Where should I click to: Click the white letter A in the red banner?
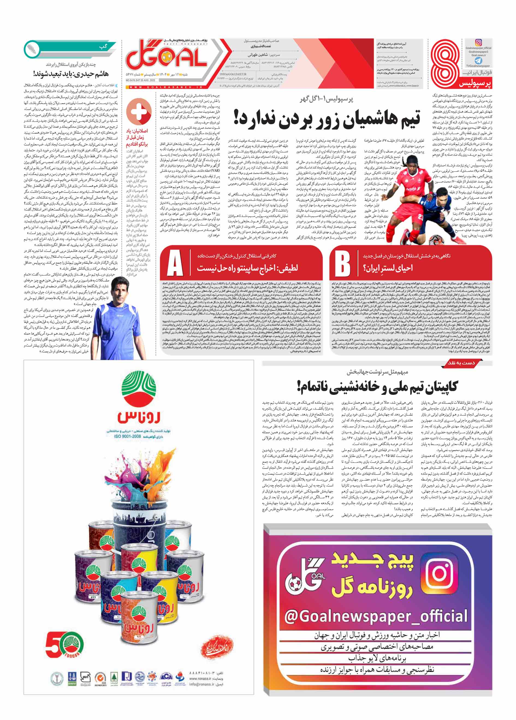pyautogui.click(x=175, y=263)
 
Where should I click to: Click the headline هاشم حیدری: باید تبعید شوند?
pyautogui.click(x=71, y=74)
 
